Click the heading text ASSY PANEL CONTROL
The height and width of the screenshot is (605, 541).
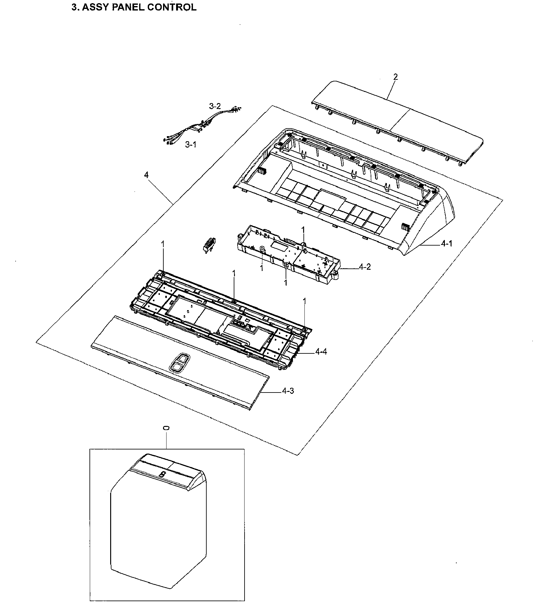coord(139,7)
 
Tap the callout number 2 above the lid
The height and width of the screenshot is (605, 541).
coord(395,77)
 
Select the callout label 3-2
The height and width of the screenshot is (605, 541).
coord(215,106)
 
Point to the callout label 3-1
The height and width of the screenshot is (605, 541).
coord(191,145)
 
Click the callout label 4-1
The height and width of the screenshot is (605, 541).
coord(446,244)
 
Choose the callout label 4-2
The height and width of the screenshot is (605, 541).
coord(365,267)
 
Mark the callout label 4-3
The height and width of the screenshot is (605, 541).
coord(288,391)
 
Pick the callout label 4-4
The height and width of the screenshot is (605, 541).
coord(321,351)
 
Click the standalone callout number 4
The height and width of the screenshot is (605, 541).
coord(146,175)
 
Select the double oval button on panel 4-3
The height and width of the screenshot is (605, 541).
coord(179,362)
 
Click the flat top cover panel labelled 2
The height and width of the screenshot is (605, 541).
coord(398,121)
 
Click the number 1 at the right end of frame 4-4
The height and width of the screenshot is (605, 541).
coord(304,301)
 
